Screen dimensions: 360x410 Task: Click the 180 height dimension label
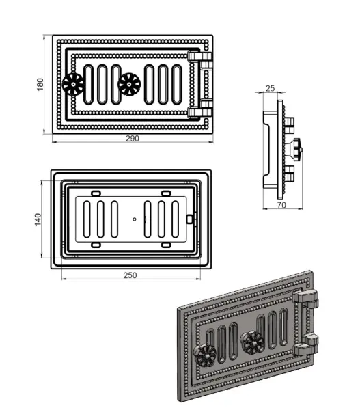40,84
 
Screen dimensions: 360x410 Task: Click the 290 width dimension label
133,138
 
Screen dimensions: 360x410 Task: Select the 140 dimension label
38,219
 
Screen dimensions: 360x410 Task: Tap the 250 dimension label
130,275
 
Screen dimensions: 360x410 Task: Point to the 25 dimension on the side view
270,88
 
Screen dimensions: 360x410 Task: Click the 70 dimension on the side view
281,205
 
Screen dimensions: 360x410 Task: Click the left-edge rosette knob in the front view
73,84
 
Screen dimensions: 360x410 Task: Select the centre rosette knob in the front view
129,84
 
